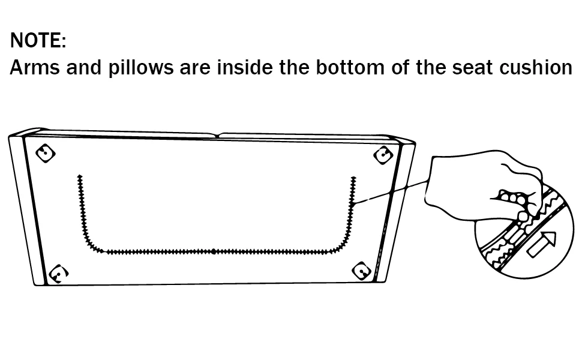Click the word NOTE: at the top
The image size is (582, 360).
(38, 40)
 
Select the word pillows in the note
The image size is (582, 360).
(140, 68)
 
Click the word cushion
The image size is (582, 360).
(536, 68)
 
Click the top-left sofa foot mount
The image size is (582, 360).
(45, 153)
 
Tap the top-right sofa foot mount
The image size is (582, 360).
(383, 155)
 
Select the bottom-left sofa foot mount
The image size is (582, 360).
(58, 274)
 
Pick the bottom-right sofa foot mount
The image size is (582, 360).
(361, 271)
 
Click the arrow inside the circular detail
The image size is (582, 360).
(542, 244)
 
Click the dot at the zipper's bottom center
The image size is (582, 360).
(214, 251)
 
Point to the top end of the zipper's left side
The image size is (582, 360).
(79, 176)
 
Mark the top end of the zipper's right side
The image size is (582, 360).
(353, 178)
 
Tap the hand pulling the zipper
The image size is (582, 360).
(482, 185)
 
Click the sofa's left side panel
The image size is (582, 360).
(27, 209)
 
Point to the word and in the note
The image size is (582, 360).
(84, 68)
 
